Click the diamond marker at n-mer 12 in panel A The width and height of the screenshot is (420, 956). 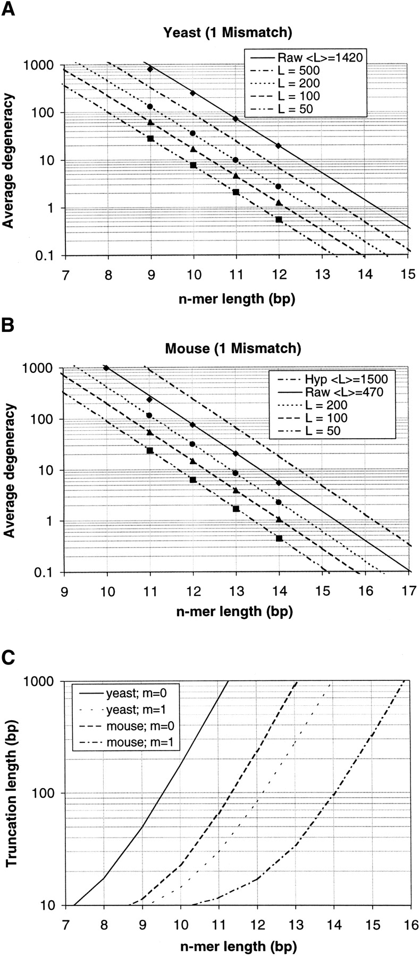279,146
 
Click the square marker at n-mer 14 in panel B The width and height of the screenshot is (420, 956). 279,538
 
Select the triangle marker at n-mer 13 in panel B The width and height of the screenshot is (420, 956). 236,490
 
